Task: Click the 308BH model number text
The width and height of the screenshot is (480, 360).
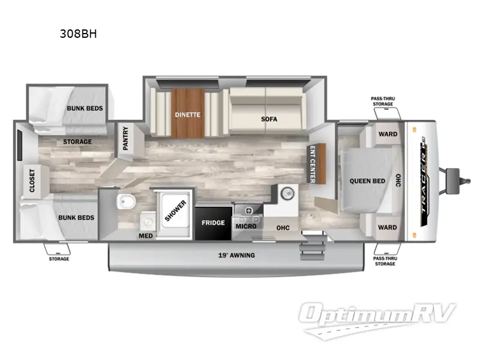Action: [x=78, y=34]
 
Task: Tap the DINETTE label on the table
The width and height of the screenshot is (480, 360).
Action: [x=187, y=115]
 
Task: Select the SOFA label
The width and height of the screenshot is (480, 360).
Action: [x=269, y=119]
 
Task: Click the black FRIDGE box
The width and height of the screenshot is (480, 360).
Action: [x=213, y=223]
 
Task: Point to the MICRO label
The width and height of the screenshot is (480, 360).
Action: [x=246, y=226]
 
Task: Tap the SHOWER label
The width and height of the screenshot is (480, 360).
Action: [x=176, y=211]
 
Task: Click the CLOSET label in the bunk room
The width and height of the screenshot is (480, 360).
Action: [x=32, y=181]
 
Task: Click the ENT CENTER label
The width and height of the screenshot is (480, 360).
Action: [x=312, y=163]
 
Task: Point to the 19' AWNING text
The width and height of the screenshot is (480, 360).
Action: [x=236, y=256]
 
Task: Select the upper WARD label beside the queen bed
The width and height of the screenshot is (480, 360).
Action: [x=388, y=134]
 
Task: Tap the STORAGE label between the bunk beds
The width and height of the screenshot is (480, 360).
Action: [x=78, y=142]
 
